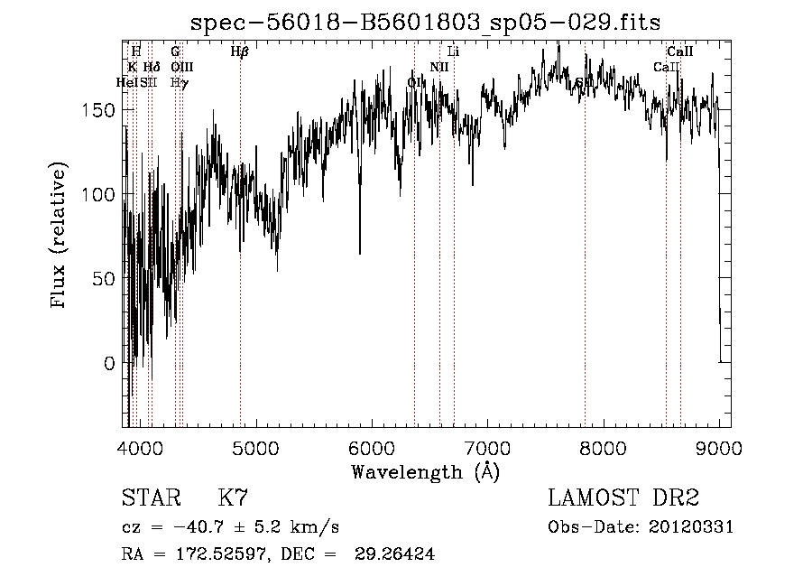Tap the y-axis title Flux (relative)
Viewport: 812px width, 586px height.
[x=60, y=237]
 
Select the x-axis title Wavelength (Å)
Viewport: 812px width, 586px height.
[x=425, y=471]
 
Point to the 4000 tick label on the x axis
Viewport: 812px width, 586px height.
[x=139, y=447]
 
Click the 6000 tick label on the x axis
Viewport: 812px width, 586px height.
[x=371, y=447]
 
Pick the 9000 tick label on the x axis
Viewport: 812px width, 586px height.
[x=718, y=447]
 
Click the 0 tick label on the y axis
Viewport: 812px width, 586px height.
[x=109, y=363]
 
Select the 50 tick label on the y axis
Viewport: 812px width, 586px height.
[x=104, y=279]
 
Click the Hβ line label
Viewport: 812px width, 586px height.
[x=239, y=52]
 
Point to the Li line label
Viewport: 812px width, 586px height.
[x=454, y=52]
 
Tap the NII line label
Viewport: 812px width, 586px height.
[x=439, y=67]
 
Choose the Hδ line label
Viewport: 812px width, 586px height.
[x=152, y=67]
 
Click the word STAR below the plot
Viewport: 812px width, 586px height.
[x=149, y=498]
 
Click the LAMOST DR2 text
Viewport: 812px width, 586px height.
[x=623, y=498]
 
